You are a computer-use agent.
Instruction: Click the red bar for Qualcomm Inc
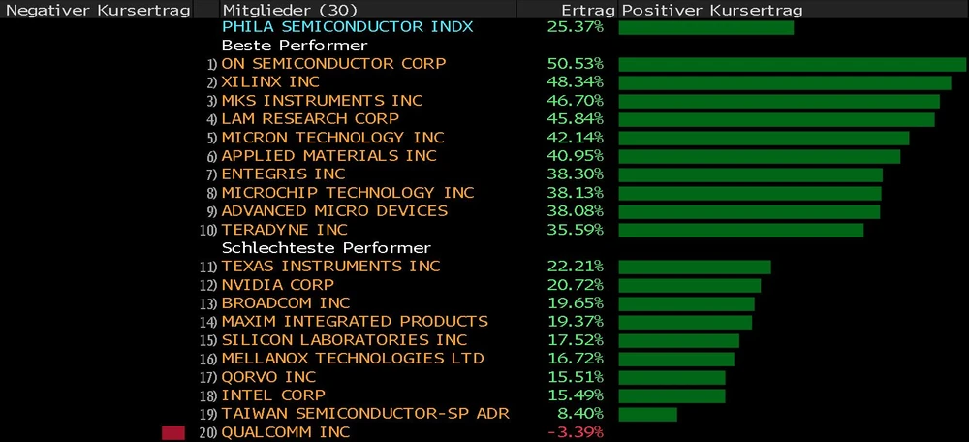coord(172,432)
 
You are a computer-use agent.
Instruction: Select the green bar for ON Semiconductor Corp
coord(792,64)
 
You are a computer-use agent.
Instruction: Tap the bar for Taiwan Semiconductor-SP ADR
coord(647,414)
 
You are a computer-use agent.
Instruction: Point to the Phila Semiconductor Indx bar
coord(705,27)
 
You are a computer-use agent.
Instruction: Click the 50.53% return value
coord(576,64)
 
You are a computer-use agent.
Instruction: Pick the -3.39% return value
coord(576,432)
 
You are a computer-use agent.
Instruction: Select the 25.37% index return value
coord(576,27)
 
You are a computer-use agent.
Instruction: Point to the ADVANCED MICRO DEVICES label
coord(334,211)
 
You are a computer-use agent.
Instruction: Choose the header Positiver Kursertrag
coord(711,9)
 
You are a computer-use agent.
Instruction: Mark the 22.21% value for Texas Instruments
coord(576,267)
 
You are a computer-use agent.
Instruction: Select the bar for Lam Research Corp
coord(776,119)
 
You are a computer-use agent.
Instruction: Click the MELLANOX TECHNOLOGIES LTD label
coord(353,359)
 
